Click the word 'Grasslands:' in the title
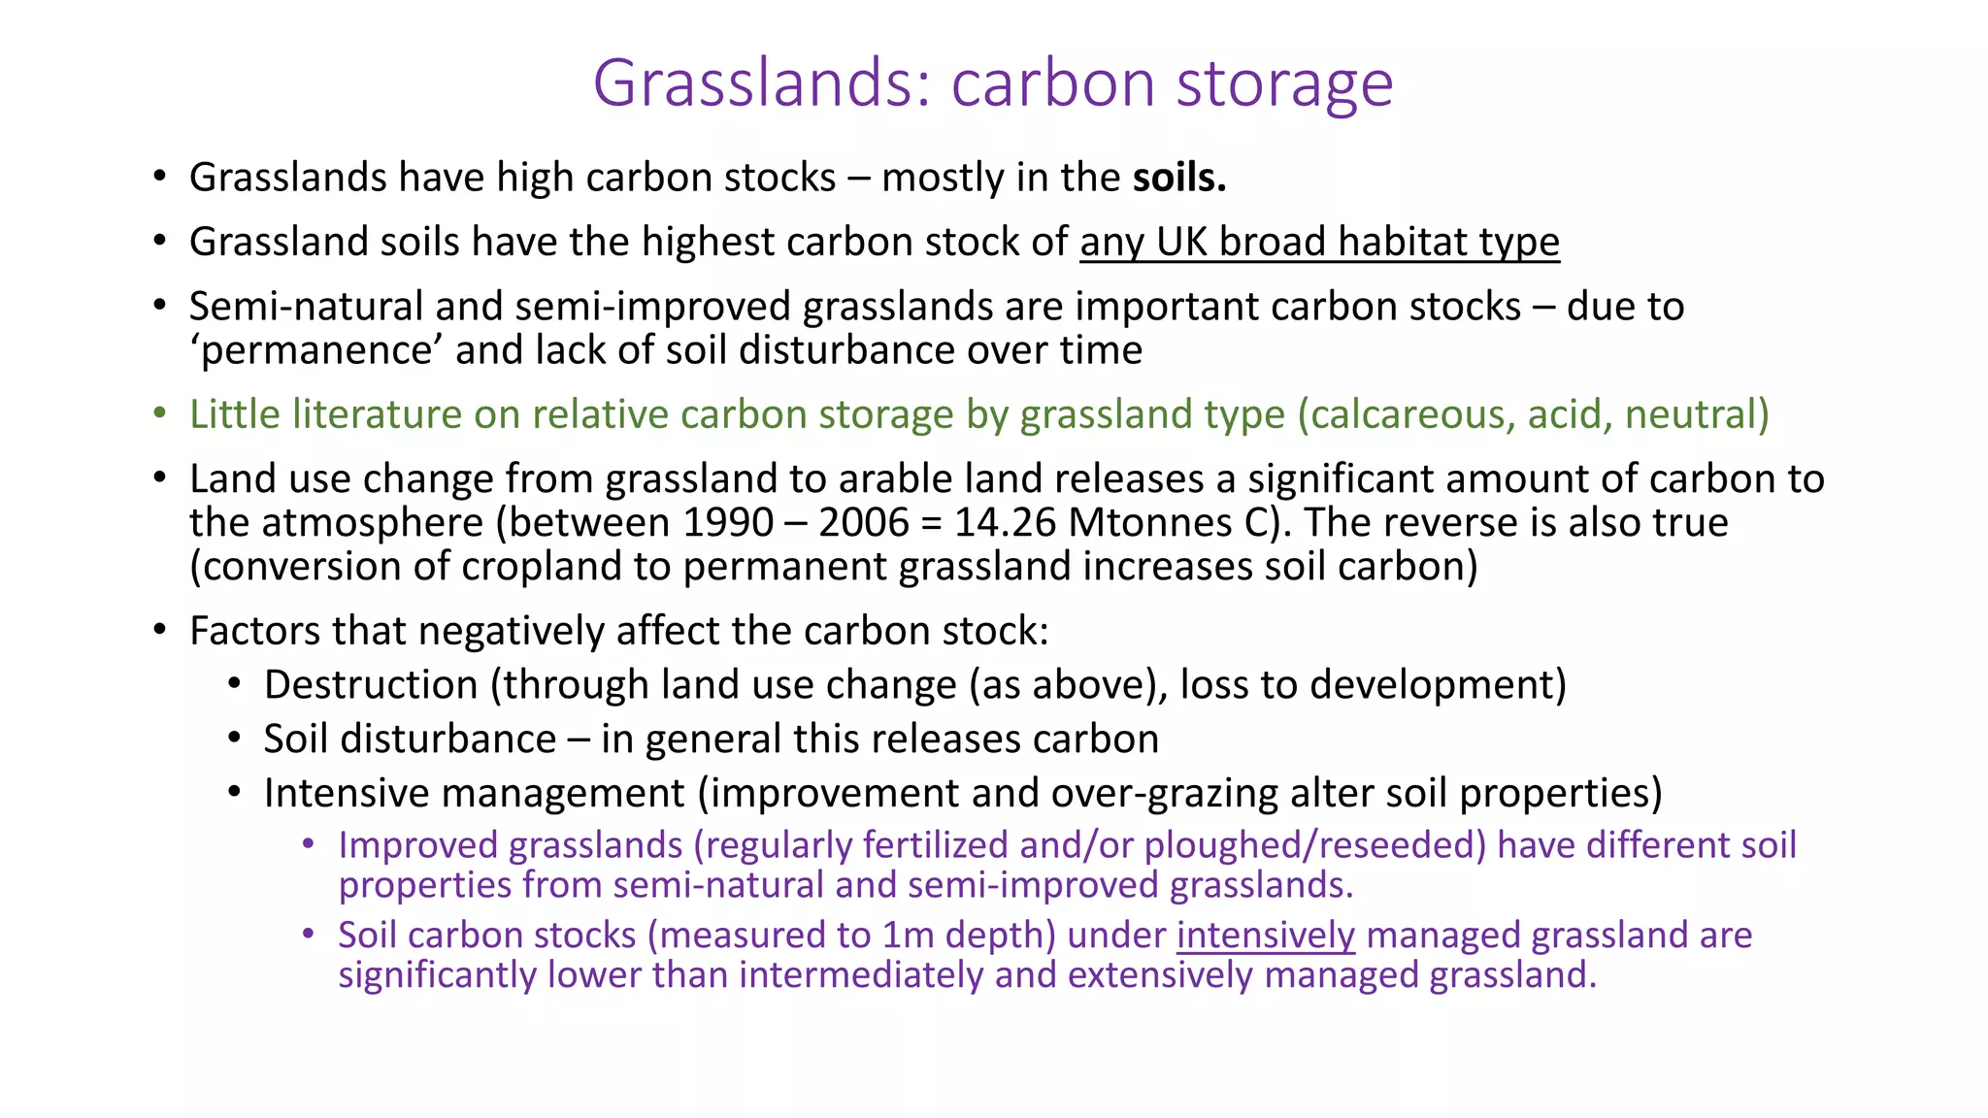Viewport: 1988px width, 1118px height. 765,83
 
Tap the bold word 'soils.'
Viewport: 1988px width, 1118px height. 1179,178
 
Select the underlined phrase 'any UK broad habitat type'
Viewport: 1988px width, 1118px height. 1319,242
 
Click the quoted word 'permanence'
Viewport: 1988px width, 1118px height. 320,350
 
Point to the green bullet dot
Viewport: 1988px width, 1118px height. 160,413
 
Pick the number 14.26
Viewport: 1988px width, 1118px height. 1005,523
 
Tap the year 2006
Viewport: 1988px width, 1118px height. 863,523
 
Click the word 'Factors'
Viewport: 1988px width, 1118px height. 254,631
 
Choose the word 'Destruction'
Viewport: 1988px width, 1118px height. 371,685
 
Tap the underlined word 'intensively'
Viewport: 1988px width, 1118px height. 1265,936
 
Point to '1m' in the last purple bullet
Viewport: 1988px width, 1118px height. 908,936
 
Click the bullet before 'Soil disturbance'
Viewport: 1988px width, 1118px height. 234,739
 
